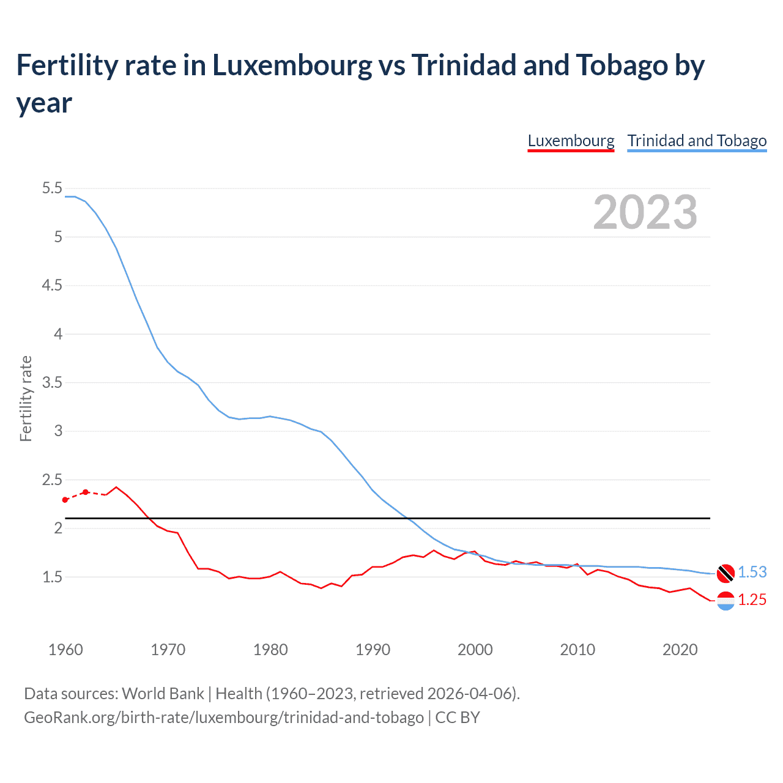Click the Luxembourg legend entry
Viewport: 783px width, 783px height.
point(571,141)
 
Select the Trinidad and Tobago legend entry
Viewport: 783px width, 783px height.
point(697,141)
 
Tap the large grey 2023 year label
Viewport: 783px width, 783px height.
point(645,212)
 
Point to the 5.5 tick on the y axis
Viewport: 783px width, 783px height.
point(52,188)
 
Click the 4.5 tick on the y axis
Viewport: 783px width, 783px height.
point(52,286)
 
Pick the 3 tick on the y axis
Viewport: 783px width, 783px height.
point(58,431)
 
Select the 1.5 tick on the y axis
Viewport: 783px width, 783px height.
point(52,577)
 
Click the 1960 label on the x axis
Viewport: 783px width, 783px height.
point(65,650)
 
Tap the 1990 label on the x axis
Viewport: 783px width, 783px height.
point(373,650)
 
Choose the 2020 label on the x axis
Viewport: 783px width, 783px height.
point(680,650)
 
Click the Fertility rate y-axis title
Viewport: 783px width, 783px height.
point(26,398)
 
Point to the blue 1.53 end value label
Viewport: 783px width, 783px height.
point(752,572)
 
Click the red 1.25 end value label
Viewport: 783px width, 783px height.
point(752,600)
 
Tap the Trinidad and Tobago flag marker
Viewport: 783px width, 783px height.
point(725,573)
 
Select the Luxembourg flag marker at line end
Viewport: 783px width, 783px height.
point(725,601)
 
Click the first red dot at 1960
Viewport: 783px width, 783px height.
point(65,500)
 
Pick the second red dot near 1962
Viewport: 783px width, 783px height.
point(86,492)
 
